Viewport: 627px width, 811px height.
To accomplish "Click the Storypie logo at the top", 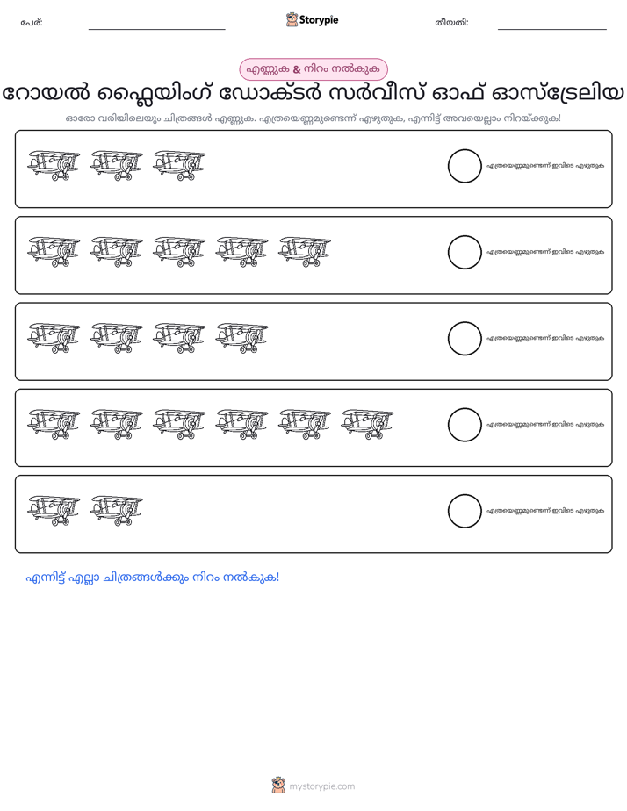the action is click(x=312, y=19).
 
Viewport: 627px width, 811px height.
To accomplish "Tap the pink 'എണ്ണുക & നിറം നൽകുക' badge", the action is click(x=313, y=69).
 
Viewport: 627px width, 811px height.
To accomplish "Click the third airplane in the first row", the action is click(x=179, y=166).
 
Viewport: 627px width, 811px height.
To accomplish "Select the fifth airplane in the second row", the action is click(x=304, y=252).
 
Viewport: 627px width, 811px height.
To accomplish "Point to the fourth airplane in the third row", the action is click(x=241, y=338).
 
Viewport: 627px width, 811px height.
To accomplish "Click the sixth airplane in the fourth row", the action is click(x=367, y=425).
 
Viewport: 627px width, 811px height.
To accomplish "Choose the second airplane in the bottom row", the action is click(x=117, y=511).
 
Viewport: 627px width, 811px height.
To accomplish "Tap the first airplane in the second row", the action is click(x=54, y=252).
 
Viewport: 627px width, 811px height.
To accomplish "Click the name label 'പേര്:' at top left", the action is click(x=32, y=23).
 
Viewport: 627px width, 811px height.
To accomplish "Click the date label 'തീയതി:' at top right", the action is click(x=451, y=23).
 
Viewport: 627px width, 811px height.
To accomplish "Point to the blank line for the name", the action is click(x=156, y=30).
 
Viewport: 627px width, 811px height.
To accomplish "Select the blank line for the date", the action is click(x=552, y=30).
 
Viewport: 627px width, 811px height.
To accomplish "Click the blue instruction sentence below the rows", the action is click(x=153, y=578).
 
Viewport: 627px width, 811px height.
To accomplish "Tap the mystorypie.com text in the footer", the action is click(x=321, y=786).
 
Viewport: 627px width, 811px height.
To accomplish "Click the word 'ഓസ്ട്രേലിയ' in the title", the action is click(x=557, y=94).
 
